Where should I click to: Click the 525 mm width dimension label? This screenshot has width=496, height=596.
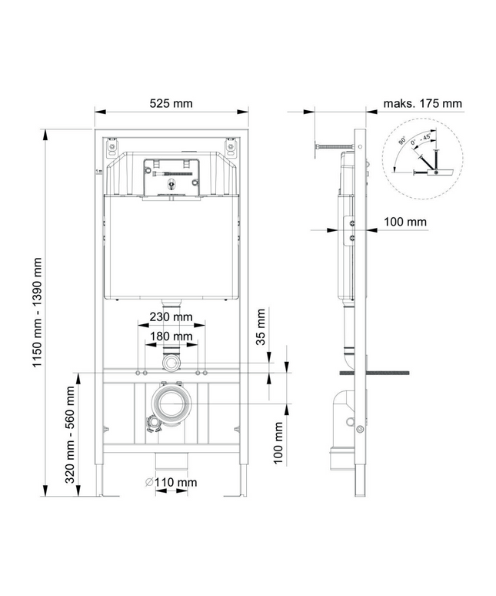point(171,103)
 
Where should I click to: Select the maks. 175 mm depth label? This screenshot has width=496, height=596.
point(422,103)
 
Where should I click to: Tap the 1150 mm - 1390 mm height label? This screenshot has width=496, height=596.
point(37,313)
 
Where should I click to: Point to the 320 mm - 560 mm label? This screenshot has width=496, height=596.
point(70,434)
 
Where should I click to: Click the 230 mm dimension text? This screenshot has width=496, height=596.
point(171,316)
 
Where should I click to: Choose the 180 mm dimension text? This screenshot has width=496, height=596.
point(171,337)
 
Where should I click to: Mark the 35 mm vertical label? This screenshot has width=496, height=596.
point(261,327)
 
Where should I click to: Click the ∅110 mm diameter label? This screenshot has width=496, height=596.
point(171,482)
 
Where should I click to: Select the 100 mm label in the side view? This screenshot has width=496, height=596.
point(405,222)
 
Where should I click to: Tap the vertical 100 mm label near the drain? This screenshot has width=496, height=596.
point(278,443)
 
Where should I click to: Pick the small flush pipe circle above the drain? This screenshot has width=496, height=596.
point(171,363)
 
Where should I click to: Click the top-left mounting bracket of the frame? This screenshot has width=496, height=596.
point(112,147)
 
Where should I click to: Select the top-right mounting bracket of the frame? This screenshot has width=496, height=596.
point(231,147)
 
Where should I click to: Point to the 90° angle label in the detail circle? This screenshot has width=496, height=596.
point(402,141)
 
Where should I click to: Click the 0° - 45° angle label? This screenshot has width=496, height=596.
point(421,139)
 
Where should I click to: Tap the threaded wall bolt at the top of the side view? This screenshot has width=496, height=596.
point(335,146)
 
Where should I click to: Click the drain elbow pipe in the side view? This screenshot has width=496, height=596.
point(344,430)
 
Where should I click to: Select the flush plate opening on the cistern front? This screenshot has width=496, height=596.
point(171,178)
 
